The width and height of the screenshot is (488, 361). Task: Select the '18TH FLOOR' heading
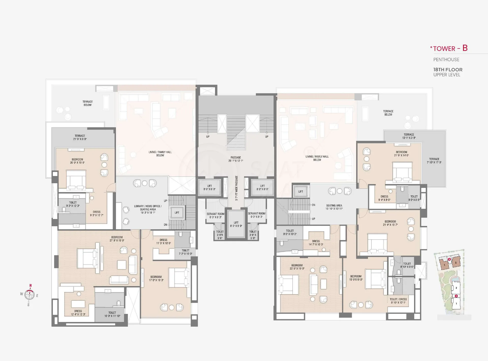pyautogui.click(x=448, y=70)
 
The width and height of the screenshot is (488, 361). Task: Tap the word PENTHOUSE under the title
pyautogui.click(x=446, y=60)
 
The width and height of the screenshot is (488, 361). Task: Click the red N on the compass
pyautogui.click(x=30, y=285)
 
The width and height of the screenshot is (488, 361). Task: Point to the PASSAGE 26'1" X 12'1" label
pyautogui.click(x=236, y=159)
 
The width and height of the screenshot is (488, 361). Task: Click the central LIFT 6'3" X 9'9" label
pyautogui.click(x=236, y=224)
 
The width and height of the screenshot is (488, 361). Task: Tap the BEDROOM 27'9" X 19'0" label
pyautogui.click(x=117, y=239)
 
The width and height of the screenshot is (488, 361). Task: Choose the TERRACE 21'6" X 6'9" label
pyautogui.click(x=80, y=137)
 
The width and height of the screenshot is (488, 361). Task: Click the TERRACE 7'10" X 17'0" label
pyautogui.click(x=434, y=161)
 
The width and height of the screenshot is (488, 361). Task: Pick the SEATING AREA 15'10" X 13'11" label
pyautogui.click(x=334, y=207)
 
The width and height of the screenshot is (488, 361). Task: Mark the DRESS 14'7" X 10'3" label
pyautogui.click(x=316, y=243)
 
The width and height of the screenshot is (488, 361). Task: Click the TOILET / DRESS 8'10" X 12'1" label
pyautogui.click(x=398, y=301)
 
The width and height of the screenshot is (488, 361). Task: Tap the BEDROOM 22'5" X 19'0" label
pyautogui.click(x=297, y=267)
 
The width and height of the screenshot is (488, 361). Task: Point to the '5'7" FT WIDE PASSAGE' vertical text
pyautogui.click(x=236, y=188)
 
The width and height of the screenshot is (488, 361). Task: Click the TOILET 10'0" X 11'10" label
pyautogui.click(x=112, y=314)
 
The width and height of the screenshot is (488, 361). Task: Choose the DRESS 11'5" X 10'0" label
pyautogui.click(x=163, y=241)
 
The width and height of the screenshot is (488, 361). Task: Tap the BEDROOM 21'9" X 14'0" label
pyautogui.click(x=402, y=154)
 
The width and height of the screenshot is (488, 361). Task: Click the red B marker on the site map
pyautogui.click(x=449, y=259)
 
